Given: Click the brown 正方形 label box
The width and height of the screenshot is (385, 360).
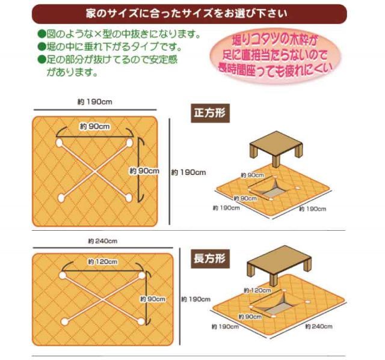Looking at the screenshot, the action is pyautogui.click(x=210, y=114).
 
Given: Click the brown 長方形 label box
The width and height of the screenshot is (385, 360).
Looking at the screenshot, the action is pyautogui.click(x=210, y=258).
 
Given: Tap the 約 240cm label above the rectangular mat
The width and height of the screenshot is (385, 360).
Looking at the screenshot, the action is pyautogui.click(x=103, y=242).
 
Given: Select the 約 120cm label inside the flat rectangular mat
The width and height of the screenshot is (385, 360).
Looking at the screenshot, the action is pyautogui.click(x=103, y=262).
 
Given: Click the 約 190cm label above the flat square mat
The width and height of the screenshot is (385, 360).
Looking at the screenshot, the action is pyautogui.click(x=95, y=102).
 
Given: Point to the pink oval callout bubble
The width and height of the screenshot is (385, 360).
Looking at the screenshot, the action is pyautogui.click(x=275, y=56).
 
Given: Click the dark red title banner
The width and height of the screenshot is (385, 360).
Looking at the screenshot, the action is pyautogui.click(x=189, y=13).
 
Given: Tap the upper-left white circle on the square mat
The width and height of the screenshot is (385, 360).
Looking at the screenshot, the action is pyautogui.click(x=59, y=142).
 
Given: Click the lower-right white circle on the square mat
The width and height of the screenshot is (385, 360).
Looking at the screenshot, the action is pyautogui.click(x=129, y=198).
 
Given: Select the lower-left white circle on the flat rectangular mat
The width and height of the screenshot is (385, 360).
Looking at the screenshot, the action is pyautogui.click(x=64, y=322).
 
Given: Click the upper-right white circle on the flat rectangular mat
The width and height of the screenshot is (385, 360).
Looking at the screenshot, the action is pyautogui.click(x=142, y=276).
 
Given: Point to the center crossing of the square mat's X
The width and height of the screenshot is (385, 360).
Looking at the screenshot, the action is pyautogui.click(x=94, y=170).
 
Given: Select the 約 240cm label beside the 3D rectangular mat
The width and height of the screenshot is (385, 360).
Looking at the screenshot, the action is pyautogui.click(x=319, y=326).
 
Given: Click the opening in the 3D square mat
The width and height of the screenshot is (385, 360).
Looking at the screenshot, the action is pyautogui.click(x=265, y=188).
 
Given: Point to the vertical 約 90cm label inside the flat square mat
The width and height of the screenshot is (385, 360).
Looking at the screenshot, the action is pyautogui.click(x=144, y=171).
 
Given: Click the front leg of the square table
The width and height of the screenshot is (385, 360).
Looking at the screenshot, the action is pyautogui.click(x=276, y=161).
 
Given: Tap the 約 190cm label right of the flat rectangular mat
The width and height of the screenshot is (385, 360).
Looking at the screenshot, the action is pyautogui.click(x=196, y=299).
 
